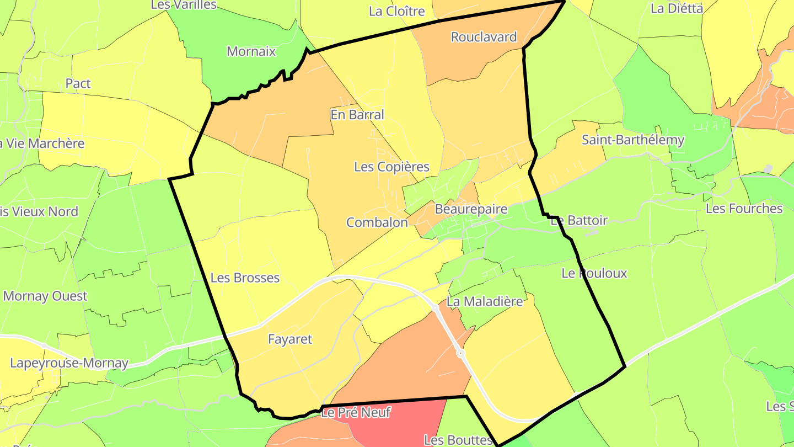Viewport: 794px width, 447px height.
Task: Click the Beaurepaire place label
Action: [x=471, y=210]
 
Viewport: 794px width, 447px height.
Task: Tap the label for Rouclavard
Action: [x=484, y=37]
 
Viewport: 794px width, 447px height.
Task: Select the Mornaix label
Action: [x=251, y=52]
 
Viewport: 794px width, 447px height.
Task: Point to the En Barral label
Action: [x=357, y=115]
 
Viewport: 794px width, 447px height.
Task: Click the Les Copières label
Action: [x=391, y=167]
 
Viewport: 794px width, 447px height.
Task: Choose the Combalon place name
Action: [x=377, y=222]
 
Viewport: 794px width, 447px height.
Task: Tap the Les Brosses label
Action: [x=245, y=278]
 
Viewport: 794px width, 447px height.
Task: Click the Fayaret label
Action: [x=289, y=339]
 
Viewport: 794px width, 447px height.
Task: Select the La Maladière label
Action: [x=484, y=301]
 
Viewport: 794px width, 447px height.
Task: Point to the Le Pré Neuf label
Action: [x=356, y=412]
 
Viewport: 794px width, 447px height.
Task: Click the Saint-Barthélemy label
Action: [x=633, y=140]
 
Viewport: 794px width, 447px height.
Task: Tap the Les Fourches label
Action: [x=744, y=209]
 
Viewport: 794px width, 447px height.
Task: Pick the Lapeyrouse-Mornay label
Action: [x=69, y=364]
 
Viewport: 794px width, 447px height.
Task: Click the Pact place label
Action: [x=78, y=84]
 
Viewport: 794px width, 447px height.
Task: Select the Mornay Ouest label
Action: [x=45, y=296]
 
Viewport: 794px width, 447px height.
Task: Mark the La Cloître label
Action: [x=397, y=11]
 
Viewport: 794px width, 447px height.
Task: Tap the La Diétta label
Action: [x=677, y=9]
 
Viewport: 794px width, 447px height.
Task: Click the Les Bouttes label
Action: [x=458, y=440]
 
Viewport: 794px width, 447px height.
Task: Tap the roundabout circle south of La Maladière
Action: [x=460, y=353]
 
